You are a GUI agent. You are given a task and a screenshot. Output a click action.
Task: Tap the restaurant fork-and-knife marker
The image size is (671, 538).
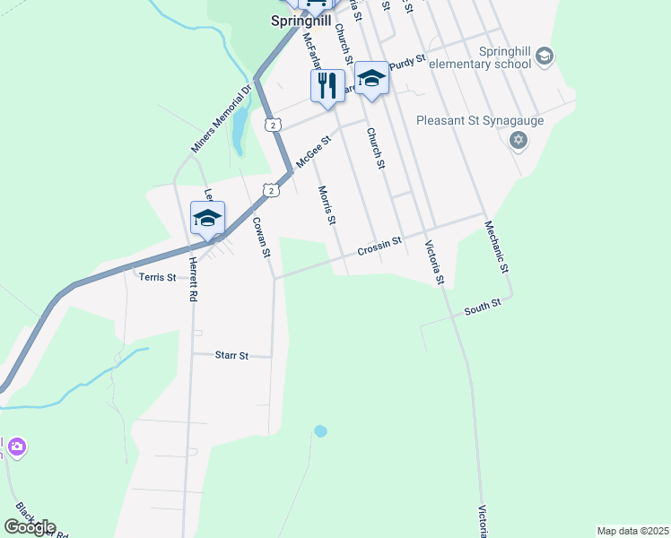click(x=327, y=86)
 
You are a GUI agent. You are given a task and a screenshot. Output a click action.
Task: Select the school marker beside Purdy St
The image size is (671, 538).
click(x=371, y=79)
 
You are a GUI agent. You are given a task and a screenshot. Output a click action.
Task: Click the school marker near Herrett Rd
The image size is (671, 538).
click(x=207, y=218)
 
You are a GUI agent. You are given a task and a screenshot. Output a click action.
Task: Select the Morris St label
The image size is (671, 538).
click(x=327, y=205)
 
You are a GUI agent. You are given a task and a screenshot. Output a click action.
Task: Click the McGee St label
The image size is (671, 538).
click(x=314, y=152)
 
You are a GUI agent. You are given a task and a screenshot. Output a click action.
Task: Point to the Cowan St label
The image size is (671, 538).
click(x=260, y=238)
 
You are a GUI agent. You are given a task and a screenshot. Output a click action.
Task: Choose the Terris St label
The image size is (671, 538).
click(x=158, y=278)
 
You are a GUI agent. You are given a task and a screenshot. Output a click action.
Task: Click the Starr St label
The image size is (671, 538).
click(x=231, y=355)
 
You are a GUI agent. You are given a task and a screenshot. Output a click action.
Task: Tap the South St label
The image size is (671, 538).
click(x=482, y=309)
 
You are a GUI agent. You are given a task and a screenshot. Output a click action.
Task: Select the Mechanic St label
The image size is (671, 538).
click(x=496, y=247)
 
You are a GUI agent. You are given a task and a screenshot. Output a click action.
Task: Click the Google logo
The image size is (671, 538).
click(x=30, y=527)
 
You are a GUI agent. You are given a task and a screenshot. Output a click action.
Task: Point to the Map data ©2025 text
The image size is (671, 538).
click(x=632, y=531)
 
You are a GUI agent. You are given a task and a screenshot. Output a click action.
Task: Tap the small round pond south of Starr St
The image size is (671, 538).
click(x=320, y=431)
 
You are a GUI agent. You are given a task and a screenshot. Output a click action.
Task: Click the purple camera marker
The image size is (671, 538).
click(x=16, y=446)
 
